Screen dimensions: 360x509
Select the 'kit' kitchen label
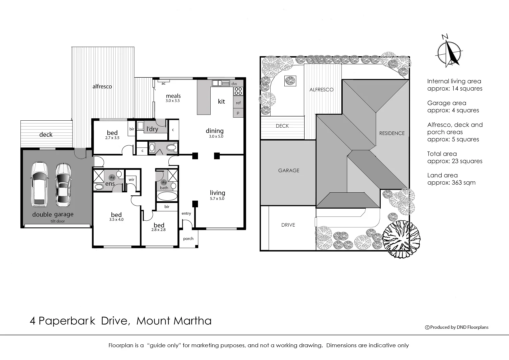(x=221, y=101)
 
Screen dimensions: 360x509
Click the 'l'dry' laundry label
(x=152, y=129)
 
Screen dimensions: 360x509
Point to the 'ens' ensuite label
(x=110, y=184)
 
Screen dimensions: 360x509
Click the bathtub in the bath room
(x=167, y=196)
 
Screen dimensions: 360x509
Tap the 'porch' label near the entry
(x=188, y=238)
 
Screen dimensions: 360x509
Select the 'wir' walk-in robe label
(x=131, y=180)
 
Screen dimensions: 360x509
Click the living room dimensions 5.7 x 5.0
(x=217, y=199)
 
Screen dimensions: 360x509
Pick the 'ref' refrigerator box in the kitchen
(x=238, y=103)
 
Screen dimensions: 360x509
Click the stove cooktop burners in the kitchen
(x=238, y=91)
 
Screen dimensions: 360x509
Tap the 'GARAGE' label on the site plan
(x=289, y=170)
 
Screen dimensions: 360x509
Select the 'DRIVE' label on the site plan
(x=288, y=225)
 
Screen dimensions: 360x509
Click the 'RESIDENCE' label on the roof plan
(x=392, y=133)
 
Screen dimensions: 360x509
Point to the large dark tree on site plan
(x=401, y=239)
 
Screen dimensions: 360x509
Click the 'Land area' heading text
(x=442, y=175)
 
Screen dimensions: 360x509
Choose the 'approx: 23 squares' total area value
(x=455, y=161)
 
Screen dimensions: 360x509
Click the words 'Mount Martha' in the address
(x=174, y=321)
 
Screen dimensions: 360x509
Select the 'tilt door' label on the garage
(x=58, y=221)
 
